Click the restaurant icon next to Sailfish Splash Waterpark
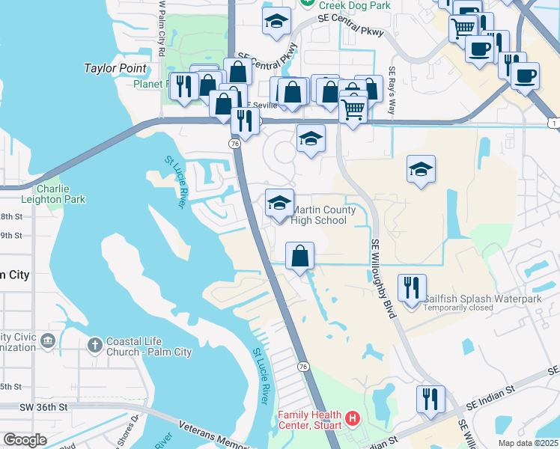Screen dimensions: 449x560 (x=412, y=287)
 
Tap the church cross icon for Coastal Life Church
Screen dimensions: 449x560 (x=94, y=345)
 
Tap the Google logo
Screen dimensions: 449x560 (x=25, y=440)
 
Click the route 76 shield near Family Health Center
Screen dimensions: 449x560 (x=302, y=366)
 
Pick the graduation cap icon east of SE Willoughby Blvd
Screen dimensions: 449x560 (x=421, y=169)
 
